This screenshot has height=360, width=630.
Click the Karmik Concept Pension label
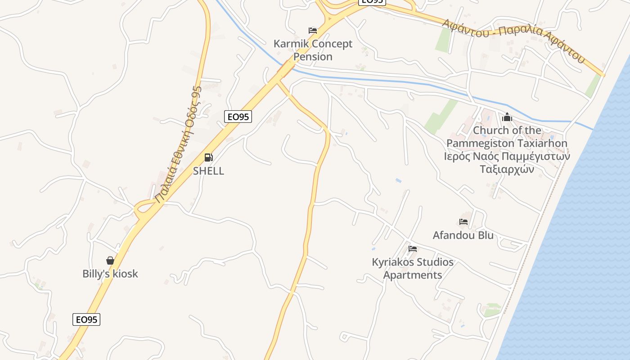pyautogui.click(x=313, y=50)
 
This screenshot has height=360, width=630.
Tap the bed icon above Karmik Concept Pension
pyautogui.click(x=313, y=31)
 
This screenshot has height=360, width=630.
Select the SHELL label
pyautogui.click(x=208, y=171)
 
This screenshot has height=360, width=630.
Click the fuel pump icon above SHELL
pyautogui.click(x=208, y=157)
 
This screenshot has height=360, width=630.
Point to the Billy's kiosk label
pyautogui.click(x=110, y=274)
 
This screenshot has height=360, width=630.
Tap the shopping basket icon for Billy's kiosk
pyautogui.click(x=110, y=261)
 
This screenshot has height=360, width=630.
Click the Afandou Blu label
pyautogui.click(x=463, y=235)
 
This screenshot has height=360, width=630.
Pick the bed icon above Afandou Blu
pyautogui.click(x=463, y=222)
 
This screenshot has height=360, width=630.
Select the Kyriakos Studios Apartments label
pyautogui.click(x=413, y=268)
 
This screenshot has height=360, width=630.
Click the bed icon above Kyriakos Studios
pyautogui.click(x=413, y=249)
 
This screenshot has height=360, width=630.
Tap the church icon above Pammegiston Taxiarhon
pyautogui.click(x=507, y=117)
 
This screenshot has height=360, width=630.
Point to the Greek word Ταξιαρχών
pyautogui.click(x=507, y=169)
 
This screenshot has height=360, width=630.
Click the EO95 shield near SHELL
pyautogui.click(x=238, y=117)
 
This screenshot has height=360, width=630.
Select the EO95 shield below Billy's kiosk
pyautogui.click(x=86, y=319)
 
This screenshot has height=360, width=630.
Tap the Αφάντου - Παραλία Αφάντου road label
pyautogui.click(x=513, y=40)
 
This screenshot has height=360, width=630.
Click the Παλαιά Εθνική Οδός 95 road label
pyautogui.click(x=178, y=144)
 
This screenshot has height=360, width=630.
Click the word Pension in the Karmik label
pyautogui.click(x=313, y=57)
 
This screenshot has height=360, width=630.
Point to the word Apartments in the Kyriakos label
pyautogui.click(x=413, y=275)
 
